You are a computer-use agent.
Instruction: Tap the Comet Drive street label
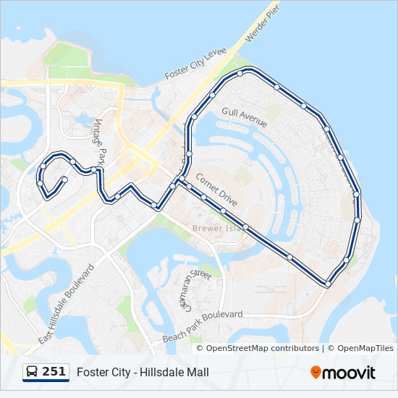pos(216,189)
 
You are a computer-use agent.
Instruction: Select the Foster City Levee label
pos(195,64)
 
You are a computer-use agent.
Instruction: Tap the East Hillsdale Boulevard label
pos(67,304)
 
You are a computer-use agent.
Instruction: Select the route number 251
pos(54,372)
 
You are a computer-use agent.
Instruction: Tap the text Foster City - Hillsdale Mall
pos(143,373)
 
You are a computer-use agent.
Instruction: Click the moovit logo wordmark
pos(349,373)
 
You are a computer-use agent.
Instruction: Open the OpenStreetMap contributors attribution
pos(262,349)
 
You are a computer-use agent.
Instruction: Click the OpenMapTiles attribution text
pos(365,349)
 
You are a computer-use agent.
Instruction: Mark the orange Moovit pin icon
pos(316,373)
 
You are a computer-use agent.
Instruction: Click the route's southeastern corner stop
pos(328,284)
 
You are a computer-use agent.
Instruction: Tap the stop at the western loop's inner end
pos(65,179)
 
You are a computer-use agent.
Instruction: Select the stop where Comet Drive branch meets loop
pos(180,179)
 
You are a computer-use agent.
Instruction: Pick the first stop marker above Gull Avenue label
pos(212,95)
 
